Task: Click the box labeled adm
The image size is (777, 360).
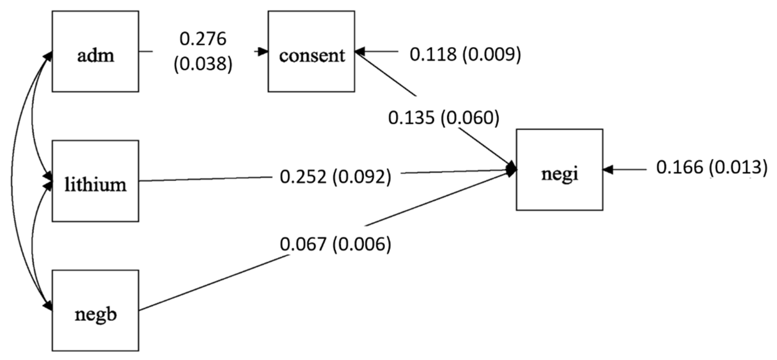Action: point(95,52)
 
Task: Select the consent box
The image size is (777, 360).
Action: point(311,52)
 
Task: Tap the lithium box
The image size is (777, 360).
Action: point(95,181)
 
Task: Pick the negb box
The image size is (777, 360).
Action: point(95,310)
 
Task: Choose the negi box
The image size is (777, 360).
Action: point(560,170)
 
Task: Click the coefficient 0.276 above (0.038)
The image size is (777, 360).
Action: point(203,39)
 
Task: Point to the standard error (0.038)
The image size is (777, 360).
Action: point(203,64)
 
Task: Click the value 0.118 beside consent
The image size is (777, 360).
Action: point(433,55)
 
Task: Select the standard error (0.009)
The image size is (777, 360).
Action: point(492,55)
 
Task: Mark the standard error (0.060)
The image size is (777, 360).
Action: point(470,118)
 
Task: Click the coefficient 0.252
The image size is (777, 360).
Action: point(303,177)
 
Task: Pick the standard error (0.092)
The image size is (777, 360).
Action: point(362,177)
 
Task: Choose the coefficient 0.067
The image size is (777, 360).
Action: point(303,244)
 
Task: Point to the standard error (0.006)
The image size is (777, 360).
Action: point(362,244)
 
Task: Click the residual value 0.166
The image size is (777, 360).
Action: point(680,167)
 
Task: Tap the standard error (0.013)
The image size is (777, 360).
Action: point(738,167)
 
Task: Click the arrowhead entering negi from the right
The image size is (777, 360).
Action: point(608,170)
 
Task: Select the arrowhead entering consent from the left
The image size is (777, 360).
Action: point(263,52)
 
